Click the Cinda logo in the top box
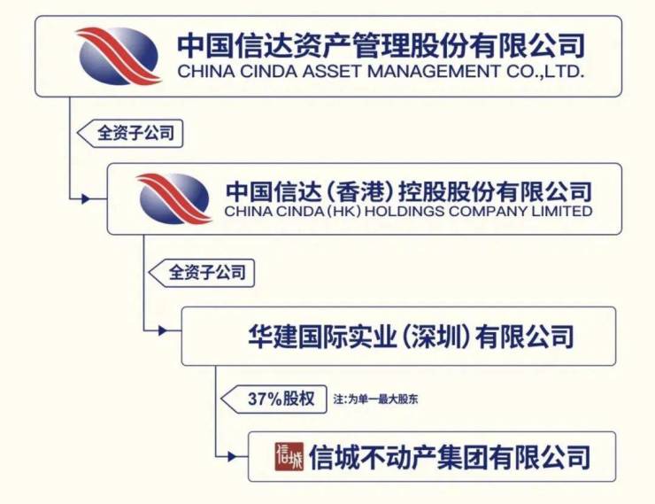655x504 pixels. [119, 56]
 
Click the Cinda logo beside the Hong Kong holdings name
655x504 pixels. [173, 198]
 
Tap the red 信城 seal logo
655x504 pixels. [289, 457]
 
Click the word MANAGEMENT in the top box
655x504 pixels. [433, 72]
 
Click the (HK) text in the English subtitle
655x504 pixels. [343, 211]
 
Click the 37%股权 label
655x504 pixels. [281, 399]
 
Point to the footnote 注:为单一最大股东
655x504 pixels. [375, 399]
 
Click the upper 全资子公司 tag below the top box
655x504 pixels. [135, 134]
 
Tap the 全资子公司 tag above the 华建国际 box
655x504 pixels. [207, 273]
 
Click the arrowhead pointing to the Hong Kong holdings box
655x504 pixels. [86, 199]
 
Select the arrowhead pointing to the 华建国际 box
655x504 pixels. [163, 331]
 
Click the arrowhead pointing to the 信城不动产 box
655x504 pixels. [232, 456]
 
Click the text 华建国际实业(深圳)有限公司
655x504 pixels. [411, 337]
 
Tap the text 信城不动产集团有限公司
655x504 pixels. [450, 458]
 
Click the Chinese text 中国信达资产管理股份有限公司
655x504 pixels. [381, 45]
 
